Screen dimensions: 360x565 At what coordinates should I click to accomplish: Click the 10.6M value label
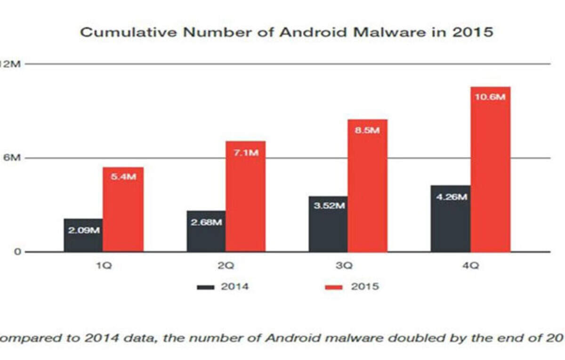pyautogui.click(x=490, y=97)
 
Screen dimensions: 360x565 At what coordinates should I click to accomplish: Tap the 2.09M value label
pyautogui.click(x=83, y=231)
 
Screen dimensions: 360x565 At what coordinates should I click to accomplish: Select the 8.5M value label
pyautogui.click(x=367, y=130)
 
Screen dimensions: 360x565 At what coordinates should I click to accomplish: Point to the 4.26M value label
pyautogui.click(x=451, y=197)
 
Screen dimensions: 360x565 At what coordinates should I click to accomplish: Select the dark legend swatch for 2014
pyautogui.click(x=206, y=287)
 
